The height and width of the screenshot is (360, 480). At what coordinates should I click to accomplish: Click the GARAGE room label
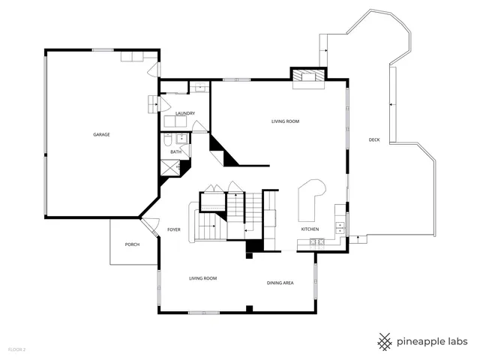click(101, 134)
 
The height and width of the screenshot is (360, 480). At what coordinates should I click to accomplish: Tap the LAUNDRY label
click(185, 113)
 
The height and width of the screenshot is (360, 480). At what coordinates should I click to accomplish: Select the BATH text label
click(175, 152)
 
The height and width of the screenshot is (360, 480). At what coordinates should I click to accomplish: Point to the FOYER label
click(174, 229)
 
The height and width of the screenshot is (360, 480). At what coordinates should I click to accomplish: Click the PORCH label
click(132, 244)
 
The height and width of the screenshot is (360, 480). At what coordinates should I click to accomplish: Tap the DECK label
click(373, 140)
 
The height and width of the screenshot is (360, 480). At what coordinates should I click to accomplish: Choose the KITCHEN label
click(310, 229)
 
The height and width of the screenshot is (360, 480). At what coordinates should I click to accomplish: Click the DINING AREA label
click(280, 283)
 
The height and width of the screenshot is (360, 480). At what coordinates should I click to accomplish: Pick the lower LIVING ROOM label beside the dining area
click(202, 278)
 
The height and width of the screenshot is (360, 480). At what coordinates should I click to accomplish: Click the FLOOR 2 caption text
click(16, 349)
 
